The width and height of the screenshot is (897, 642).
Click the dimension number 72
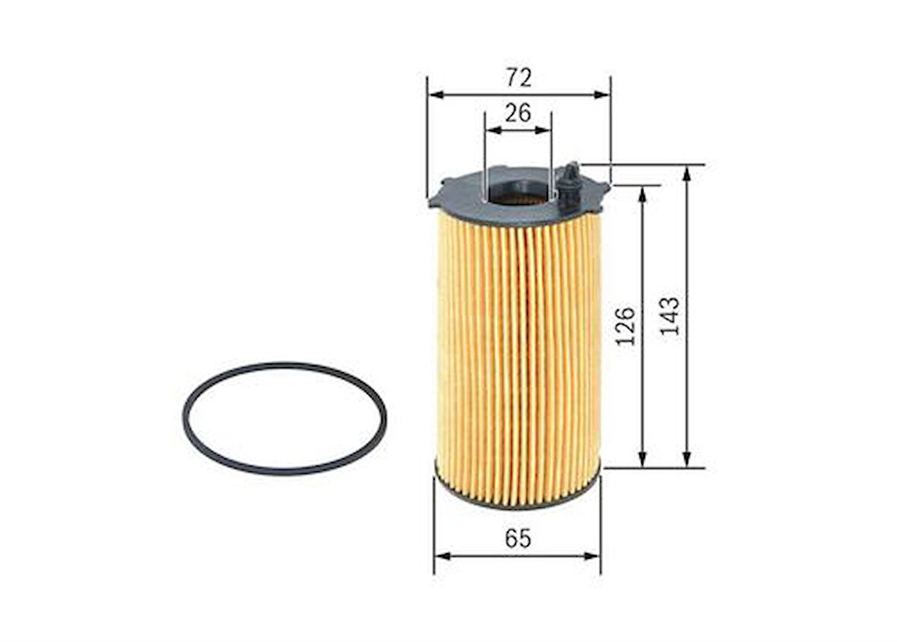pyautogui.click(x=518, y=78)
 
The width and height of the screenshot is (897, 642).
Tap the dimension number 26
pyautogui.click(x=518, y=113)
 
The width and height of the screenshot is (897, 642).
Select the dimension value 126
pyautogui.click(x=626, y=326)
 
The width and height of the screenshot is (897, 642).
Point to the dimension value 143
pyautogui.click(x=670, y=316)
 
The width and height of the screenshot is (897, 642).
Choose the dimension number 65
pyautogui.click(x=518, y=539)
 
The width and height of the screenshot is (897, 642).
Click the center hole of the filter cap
pyautogui.click(x=518, y=193)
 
